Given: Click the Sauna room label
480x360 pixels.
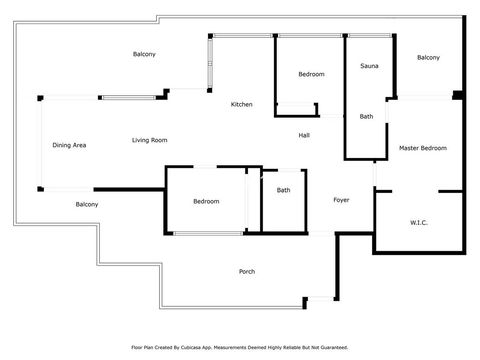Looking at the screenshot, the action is [369, 66].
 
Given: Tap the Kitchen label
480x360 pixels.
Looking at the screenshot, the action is [242, 104].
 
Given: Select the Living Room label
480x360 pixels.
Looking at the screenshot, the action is [150, 140].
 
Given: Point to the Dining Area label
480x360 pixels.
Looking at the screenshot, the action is [69, 145].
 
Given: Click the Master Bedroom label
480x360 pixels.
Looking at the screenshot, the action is [423, 148].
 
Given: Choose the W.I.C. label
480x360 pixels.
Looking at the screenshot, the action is [419, 223].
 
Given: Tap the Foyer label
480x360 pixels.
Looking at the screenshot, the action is [341, 200].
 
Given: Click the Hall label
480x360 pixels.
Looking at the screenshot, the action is [304, 135].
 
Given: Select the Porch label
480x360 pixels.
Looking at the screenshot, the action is [247, 272].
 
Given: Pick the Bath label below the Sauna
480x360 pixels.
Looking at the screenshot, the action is [366, 117].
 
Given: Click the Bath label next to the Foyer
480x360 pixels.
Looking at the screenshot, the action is [283, 190].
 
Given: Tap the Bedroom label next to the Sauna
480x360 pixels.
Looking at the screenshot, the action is [311, 74].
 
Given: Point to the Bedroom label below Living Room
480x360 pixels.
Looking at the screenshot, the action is [206, 201].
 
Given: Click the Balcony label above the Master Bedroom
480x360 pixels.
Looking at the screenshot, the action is [428, 58].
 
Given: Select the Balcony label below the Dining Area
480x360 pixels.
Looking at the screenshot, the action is [87, 204].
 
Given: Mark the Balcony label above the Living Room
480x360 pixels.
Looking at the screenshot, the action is [144, 54].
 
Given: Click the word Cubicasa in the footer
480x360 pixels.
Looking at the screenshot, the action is [191, 348].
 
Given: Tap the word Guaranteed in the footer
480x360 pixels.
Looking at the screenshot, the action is [334, 348].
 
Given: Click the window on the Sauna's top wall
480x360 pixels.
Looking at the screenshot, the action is [370, 35].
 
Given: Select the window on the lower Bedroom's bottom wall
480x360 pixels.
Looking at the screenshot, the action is [208, 233].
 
